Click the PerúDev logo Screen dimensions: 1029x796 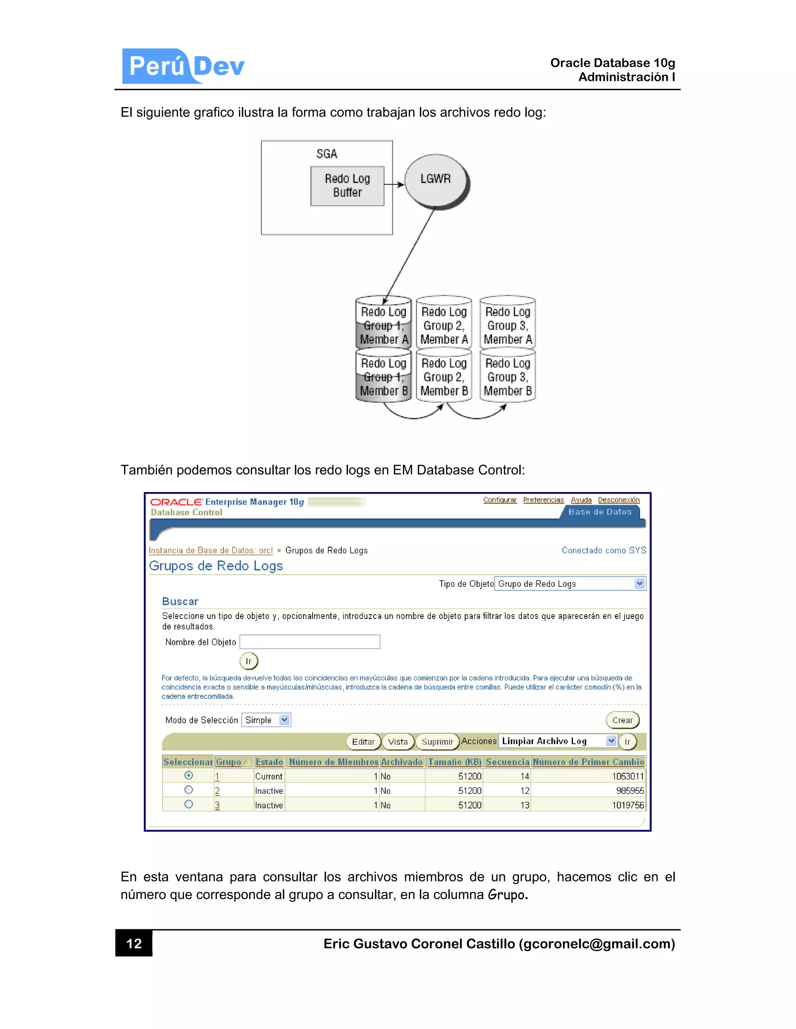pyautogui.click(x=183, y=66)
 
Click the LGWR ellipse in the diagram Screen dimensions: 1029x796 pyautogui.click(x=436, y=180)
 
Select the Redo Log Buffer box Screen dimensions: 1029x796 pyautogui.click(x=347, y=186)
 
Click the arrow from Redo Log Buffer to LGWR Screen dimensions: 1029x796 pyautogui.click(x=394, y=184)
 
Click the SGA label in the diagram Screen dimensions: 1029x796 pyautogui.click(x=326, y=154)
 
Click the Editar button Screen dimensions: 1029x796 pyautogui.click(x=363, y=742)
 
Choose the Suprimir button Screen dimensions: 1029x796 pyautogui.click(x=436, y=742)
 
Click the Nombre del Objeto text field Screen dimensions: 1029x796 pyautogui.click(x=310, y=642)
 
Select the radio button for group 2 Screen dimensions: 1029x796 pyautogui.click(x=189, y=790)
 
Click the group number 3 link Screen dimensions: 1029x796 pyautogui.click(x=217, y=805)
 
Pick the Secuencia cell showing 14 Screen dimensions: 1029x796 pyautogui.click(x=524, y=776)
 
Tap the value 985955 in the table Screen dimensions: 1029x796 pyautogui.click(x=630, y=791)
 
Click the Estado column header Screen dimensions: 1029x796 pyautogui.click(x=269, y=762)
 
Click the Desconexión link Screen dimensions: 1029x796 pyautogui.click(x=618, y=500)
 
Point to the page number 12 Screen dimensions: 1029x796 pyautogui.click(x=134, y=943)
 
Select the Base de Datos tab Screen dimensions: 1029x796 pyautogui.click(x=599, y=512)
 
